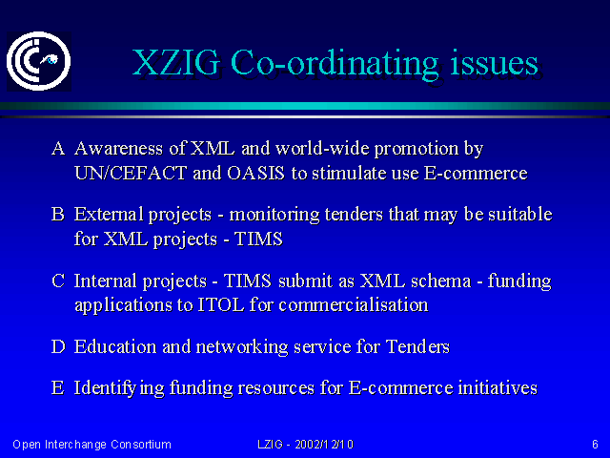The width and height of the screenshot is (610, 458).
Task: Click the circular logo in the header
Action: (x=38, y=61)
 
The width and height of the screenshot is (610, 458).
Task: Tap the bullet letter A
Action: (x=58, y=149)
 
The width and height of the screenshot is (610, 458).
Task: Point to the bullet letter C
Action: (x=58, y=281)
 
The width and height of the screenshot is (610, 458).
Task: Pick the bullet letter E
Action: (x=57, y=387)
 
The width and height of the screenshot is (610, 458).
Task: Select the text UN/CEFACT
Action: (x=131, y=173)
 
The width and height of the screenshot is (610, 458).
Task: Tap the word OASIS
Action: (x=255, y=173)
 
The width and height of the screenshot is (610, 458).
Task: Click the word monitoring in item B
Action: (x=274, y=215)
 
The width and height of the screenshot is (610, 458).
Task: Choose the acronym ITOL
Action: (x=221, y=304)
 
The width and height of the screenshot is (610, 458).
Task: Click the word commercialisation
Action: (x=354, y=304)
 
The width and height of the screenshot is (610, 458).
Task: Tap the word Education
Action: (x=115, y=346)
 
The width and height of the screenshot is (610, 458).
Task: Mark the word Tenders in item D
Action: (x=417, y=346)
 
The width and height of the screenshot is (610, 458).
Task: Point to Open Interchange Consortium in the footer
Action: (x=91, y=445)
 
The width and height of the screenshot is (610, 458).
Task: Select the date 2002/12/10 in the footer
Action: (x=324, y=445)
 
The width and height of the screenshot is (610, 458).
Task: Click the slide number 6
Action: (x=595, y=445)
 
